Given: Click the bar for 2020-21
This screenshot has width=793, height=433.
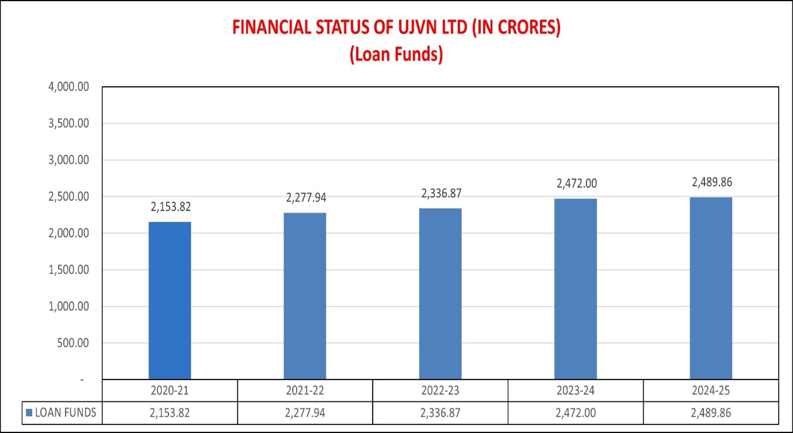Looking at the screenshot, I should click(x=170, y=300).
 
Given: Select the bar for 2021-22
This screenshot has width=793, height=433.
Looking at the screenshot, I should click(x=305, y=296).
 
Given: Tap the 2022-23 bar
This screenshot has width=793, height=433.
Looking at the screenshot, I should click(x=440, y=293).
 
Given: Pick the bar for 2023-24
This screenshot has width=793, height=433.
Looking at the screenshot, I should click(x=576, y=289).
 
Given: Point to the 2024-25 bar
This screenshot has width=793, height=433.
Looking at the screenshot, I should click(x=711, y=288).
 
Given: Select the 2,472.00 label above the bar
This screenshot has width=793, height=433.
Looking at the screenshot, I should click(x=576, y=184).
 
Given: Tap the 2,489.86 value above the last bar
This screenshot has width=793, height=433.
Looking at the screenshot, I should click(x=711, y=182).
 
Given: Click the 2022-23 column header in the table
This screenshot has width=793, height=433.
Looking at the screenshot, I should click(x=440, y=391).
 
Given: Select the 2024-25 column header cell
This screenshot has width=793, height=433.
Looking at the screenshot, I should click(x=711, y=391).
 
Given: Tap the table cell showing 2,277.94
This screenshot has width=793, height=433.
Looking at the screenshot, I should click(x=305, y=412).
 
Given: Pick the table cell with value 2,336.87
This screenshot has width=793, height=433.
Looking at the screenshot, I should click(x=440, y=412).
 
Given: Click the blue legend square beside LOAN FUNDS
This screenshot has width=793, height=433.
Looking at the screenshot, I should click(x=29, y=412).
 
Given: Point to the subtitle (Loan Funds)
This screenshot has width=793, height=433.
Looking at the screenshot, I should click(x=396, y=56).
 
